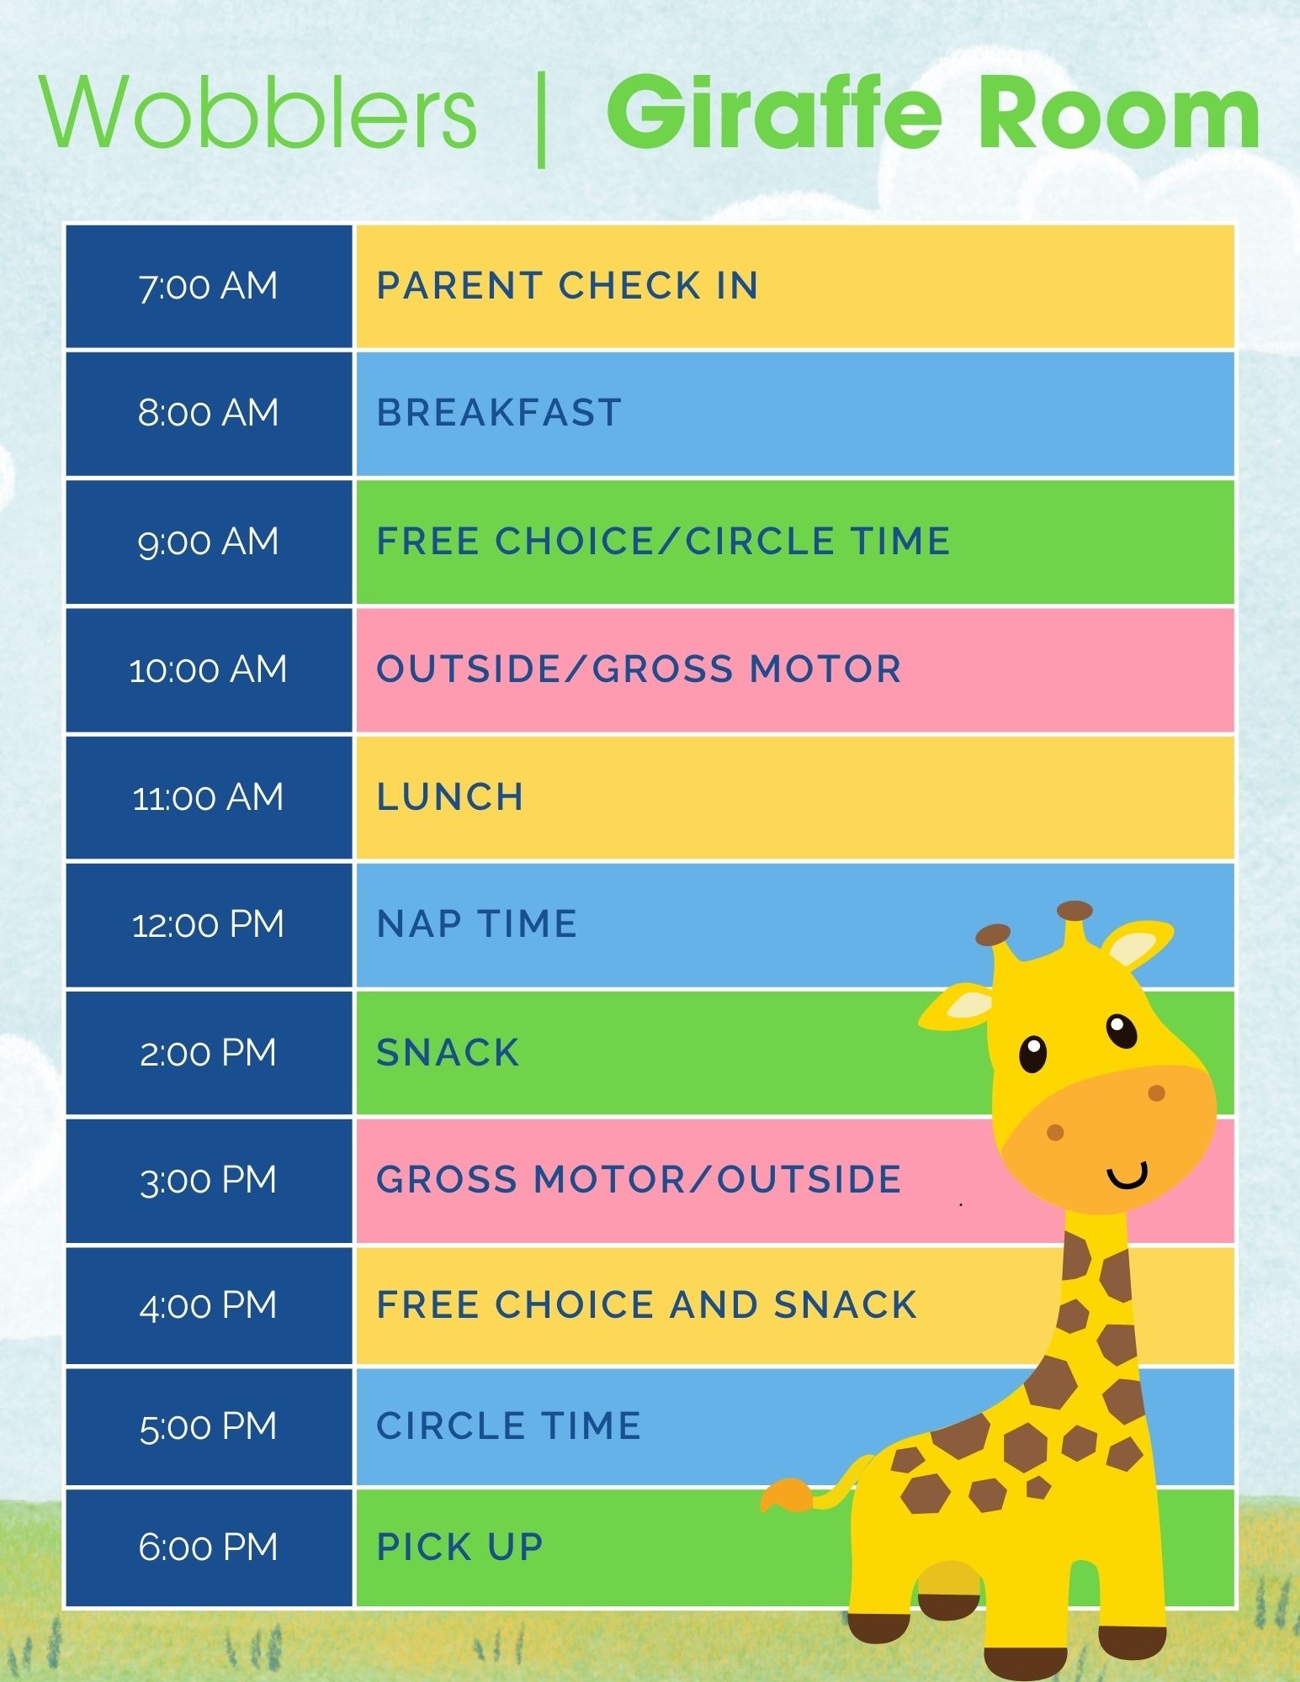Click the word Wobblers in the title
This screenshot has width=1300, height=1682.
tap(258, 113)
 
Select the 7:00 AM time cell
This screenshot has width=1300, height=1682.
tap(209, 286)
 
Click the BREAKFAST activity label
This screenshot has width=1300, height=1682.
tap(499, 413)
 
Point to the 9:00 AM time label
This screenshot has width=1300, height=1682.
tap(209, 542)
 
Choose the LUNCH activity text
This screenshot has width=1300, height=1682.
tap(450, 797)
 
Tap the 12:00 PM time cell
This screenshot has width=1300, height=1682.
tap(209, 925)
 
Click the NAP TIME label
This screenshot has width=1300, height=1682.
tap(477, 924)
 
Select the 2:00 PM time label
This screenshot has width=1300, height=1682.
tap(209, 1053)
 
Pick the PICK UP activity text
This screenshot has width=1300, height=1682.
tap(460, 1547)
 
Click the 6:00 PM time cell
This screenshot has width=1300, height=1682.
tap(209, 1547)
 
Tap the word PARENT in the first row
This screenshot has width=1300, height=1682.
tap(459, 286)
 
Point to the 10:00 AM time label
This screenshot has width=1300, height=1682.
tap(209, 669)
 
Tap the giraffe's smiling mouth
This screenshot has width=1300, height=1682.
tap(1128, 1176)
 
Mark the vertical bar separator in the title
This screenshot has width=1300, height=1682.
tap(541, 119)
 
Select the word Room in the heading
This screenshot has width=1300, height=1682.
tap(1119, 113)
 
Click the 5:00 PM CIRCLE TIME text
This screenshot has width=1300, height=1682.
tap(509, 1426)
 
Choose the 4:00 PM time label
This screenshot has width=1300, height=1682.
tap(209, 1305)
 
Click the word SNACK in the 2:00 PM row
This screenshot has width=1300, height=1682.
tap(448, 1053)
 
